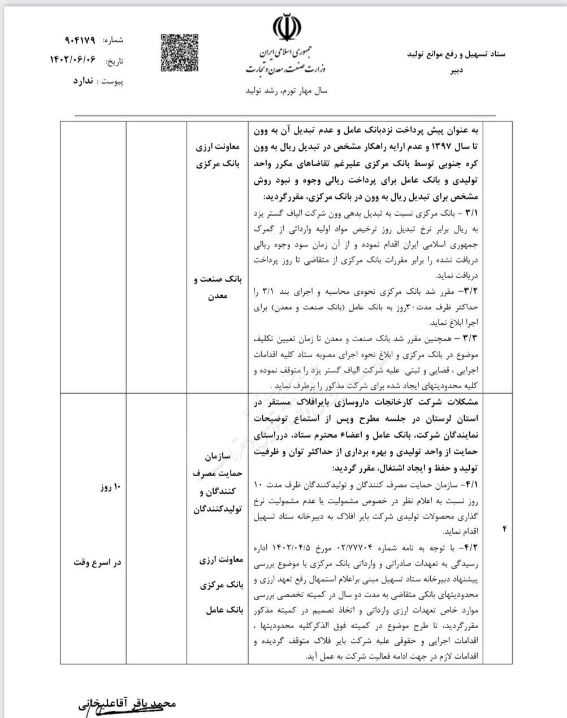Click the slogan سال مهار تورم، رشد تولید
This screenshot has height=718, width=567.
pyautogui.click(x=287, y=90)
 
